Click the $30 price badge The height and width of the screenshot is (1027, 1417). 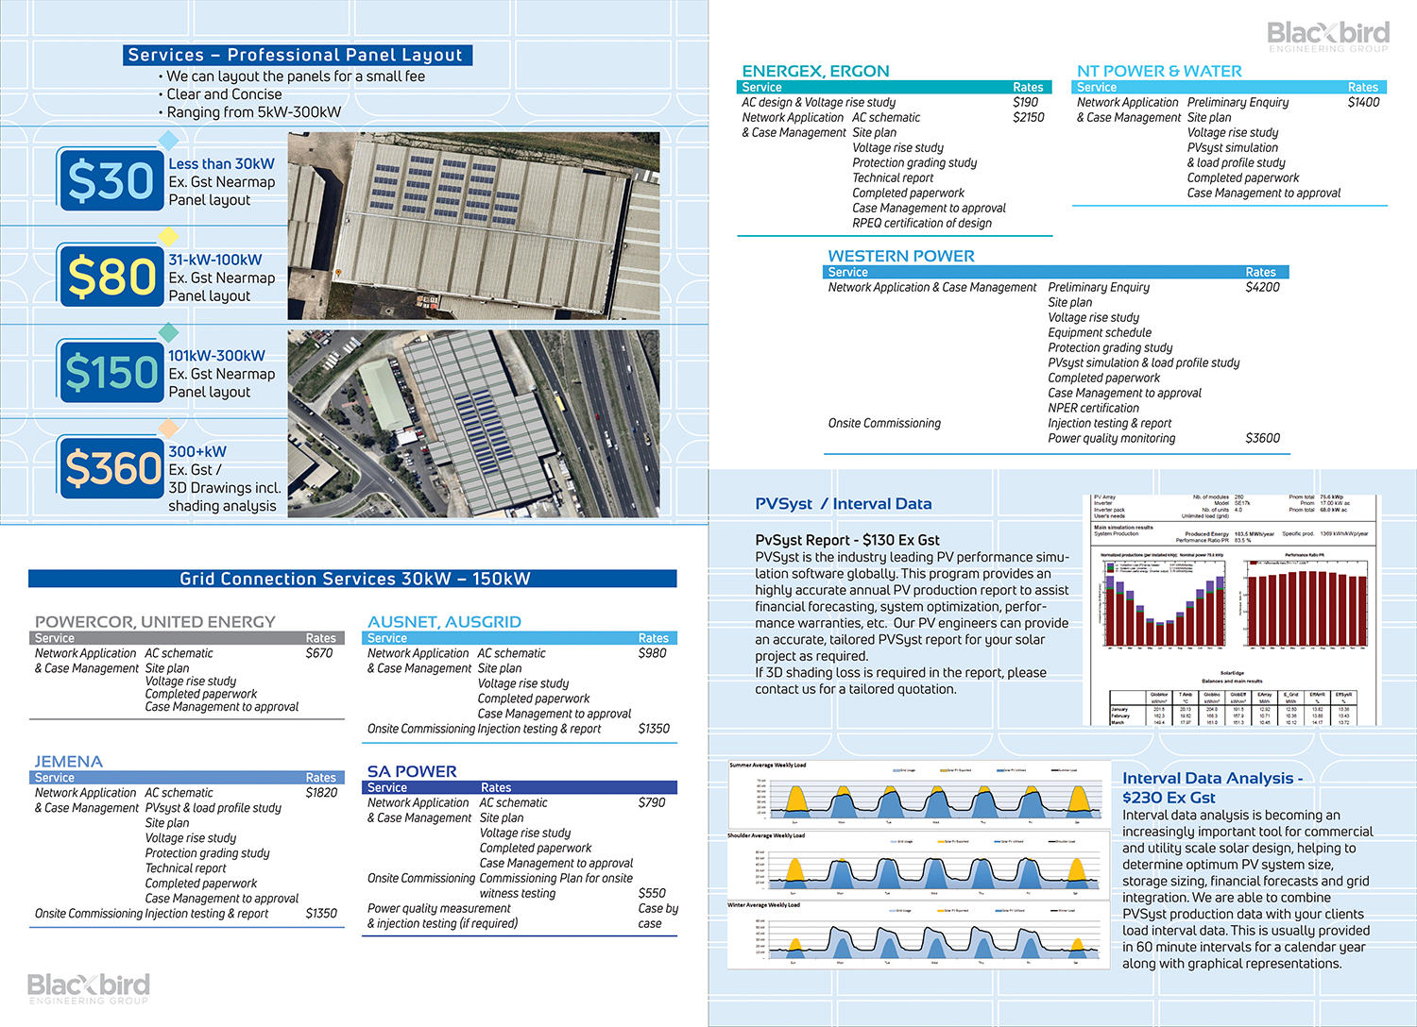tap(111, 180)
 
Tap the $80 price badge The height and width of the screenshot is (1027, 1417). tap(111, 277)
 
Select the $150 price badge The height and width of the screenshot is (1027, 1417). tap(111, 373)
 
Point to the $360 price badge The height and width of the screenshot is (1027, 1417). tap(111, 468)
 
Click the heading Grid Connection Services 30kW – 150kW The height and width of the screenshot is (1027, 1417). tap(354, 579)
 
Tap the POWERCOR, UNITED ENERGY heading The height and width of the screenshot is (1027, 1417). tap(155, 622)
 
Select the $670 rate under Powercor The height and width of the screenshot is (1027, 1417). tap(319, 653)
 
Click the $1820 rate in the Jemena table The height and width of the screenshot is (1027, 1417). tap(321, 793)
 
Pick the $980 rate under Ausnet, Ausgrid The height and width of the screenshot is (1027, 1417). tap(652, 653)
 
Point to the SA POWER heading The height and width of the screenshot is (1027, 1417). tap(412, 771)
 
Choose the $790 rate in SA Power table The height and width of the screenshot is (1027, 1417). tap(652, 802)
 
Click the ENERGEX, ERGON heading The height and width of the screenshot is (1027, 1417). tap(815, 71)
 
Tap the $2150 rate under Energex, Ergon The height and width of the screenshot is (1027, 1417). tap(1029, 117)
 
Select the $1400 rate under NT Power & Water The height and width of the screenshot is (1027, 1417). tap(1363, 102)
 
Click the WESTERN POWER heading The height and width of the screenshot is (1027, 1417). tap(901, 256)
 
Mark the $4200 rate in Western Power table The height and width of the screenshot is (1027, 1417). tap(1262, 287)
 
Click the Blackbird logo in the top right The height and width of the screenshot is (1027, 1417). tap(1328, 36)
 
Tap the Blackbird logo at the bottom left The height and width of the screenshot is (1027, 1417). tap(88, 988)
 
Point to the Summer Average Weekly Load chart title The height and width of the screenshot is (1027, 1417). tap(767, 766)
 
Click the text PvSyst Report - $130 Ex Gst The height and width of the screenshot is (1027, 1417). tap(847, 540)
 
